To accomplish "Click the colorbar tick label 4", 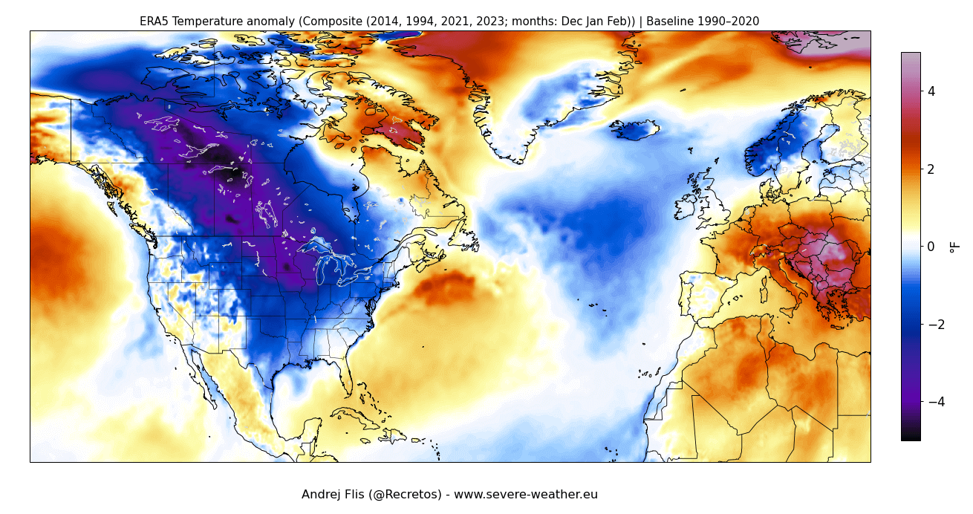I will click(x=931, y=91).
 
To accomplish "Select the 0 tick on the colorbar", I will click(x=931, y=247).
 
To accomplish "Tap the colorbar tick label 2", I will click(x=931, y=169).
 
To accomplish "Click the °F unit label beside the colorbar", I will click(x=955, y=247).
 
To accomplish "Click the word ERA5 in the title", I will click(x=154, y=22).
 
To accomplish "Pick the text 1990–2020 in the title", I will click(x=727, y=22).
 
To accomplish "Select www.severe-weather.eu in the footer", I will click(x=526, y=495).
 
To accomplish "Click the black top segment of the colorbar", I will click(x=911, y=435).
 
